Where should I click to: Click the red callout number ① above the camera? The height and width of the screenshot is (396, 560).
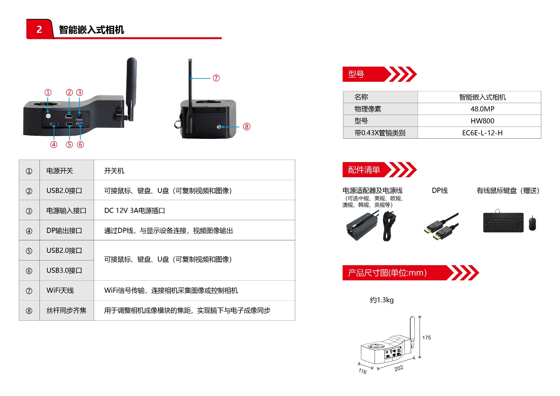click(x=48, y=92)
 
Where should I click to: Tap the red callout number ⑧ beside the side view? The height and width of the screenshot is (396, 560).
click(x=246, y=127)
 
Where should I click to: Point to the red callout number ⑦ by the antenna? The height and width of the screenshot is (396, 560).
click(x=216, y=78)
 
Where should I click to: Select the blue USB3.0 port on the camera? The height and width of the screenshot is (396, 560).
click(x=80, y=124)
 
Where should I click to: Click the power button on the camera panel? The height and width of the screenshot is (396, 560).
click(x=48, y=116)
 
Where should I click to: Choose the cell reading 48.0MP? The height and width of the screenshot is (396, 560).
click(x=482, y=109)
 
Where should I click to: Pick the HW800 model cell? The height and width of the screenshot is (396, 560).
click(x=482, y=121)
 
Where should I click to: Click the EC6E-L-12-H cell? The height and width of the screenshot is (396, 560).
click(x=482, y=133)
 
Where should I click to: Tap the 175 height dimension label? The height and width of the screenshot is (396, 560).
click(x=426, y=338)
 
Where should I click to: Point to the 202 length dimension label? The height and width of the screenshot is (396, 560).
click(x=399, y=368)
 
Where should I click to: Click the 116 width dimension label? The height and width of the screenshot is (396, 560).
click(x=363, y=371)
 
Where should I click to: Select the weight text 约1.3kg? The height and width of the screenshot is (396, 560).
click(x=382, y=300)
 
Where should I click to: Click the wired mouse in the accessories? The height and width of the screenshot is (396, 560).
click(x=532, y=223)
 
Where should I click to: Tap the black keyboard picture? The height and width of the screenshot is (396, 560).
click(x=503, y=223)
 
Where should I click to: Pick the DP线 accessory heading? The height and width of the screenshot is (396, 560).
click(x=440, y=191)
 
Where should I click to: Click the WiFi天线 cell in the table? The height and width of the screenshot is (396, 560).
click(x=60, y=290)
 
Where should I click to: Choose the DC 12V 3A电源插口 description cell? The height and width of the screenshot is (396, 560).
click(x=135, y=211)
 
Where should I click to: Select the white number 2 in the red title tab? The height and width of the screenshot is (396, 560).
click(x=39, y=29)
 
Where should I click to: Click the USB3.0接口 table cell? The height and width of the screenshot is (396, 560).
click(x=64, y=271)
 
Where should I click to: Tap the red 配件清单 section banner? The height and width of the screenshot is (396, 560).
click(x=364, y=170)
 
